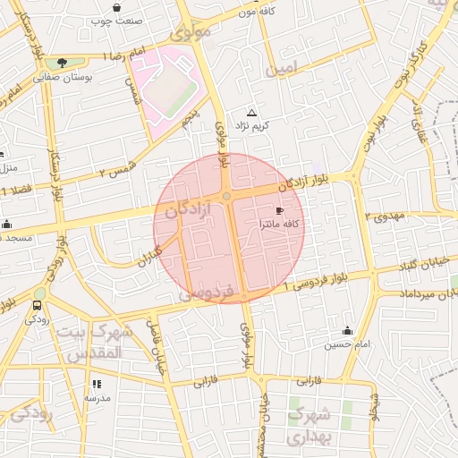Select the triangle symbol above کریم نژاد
pos(251,114)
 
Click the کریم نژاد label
pos(250,127)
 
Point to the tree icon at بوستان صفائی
pos(61,63)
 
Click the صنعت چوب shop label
pos(118,20)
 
